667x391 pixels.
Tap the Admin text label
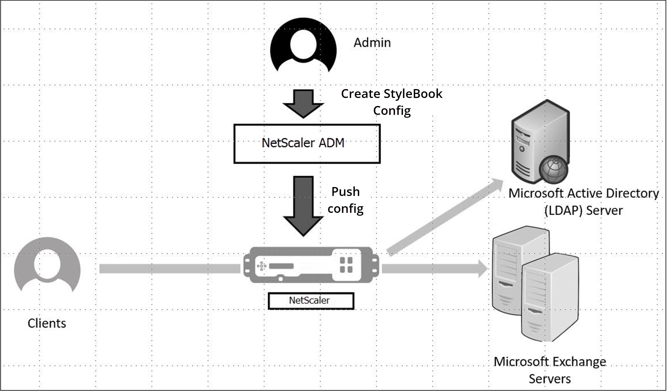(372, 43)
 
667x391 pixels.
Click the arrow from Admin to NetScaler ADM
(303, 104)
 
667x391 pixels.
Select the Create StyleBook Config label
(392, 102)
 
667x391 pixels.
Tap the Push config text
(346, 200)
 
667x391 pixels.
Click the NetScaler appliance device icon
(311, 265)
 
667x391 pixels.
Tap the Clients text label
(47, 323)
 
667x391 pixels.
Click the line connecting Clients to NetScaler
(170, 269)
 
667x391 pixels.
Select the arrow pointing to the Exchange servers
(435, 269)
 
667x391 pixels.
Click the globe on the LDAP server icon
(553, 170)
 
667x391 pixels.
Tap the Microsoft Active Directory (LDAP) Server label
(584, 202)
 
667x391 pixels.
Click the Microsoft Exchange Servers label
(550, 370)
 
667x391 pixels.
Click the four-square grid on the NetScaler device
(346, 265)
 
